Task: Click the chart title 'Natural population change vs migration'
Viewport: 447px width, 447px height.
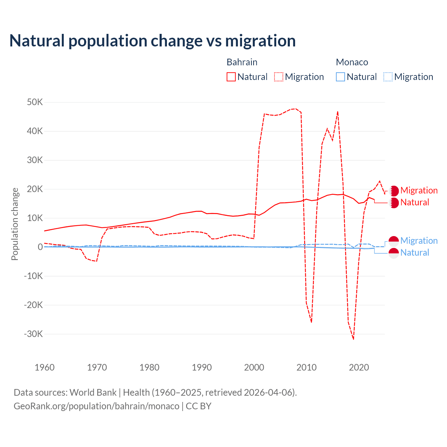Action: tap(153, 41)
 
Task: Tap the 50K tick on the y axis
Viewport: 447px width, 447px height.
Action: tap(35, 102)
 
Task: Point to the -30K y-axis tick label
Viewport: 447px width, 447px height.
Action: tap(34, 334)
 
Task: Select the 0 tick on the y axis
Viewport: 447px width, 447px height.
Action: tap(40, 247)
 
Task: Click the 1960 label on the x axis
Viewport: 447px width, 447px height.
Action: tap(45, 367)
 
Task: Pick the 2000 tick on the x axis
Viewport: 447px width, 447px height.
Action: tap(254, 367)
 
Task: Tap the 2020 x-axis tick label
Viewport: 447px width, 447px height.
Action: tap(359, 367)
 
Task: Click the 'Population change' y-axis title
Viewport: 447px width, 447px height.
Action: tap(15, 224)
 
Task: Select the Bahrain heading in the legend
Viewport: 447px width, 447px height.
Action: tap(242, 62)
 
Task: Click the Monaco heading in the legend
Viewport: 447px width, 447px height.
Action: tap(352, 62)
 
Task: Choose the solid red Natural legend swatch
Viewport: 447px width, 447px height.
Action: tap(231, 77)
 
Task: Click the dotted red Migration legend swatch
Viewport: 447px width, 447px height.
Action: tap(279, 77)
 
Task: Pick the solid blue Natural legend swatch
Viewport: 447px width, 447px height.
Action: tap(340, 77)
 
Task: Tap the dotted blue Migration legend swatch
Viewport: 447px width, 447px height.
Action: tap(388, 77)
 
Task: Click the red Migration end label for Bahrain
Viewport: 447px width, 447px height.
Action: tap(419, 190)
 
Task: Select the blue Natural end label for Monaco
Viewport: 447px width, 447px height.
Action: tap(415, 252)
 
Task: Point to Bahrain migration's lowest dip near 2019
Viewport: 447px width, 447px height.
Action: tap(353, 339)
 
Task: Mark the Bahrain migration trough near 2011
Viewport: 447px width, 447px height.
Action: tap(311, 322)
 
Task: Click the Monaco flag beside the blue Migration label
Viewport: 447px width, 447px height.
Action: tap(394, 241)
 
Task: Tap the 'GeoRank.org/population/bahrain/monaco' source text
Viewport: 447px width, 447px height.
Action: tap(96, 406)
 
